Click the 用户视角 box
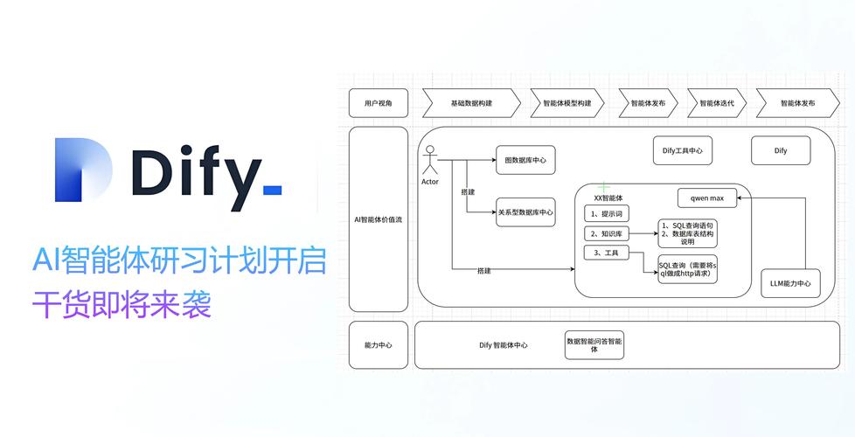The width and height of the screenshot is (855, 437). point(378,103)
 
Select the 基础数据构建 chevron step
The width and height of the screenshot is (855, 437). point(470,103)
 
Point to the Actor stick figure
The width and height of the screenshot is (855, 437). point(429,163)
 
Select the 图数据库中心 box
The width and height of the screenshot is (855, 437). point(525,160)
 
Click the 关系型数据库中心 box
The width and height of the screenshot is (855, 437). point(525,212)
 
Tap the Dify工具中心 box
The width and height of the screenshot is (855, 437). point(683,150)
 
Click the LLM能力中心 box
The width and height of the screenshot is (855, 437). point(790,282)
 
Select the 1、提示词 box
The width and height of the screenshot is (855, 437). point(606,213)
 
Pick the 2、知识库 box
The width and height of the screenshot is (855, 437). point(606,233)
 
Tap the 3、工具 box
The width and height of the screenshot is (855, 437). point(606,253)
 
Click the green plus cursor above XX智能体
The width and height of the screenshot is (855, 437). point(603,187)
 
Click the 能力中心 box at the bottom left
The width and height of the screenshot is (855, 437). point(378,345)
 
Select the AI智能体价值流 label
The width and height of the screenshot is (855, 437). point(378,219)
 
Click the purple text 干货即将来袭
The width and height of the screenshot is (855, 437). point(122,307)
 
